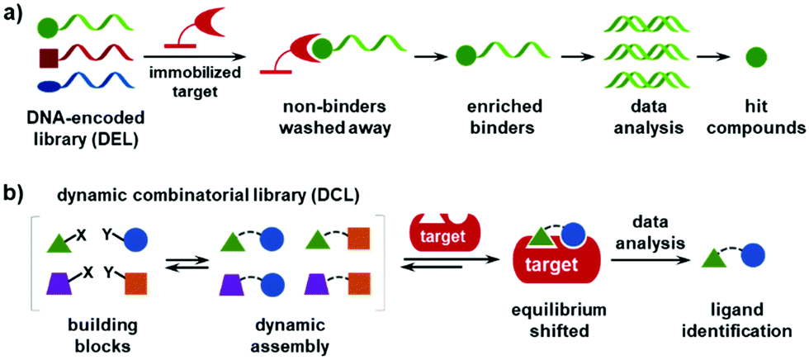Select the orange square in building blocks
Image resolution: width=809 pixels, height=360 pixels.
[137, 283]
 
